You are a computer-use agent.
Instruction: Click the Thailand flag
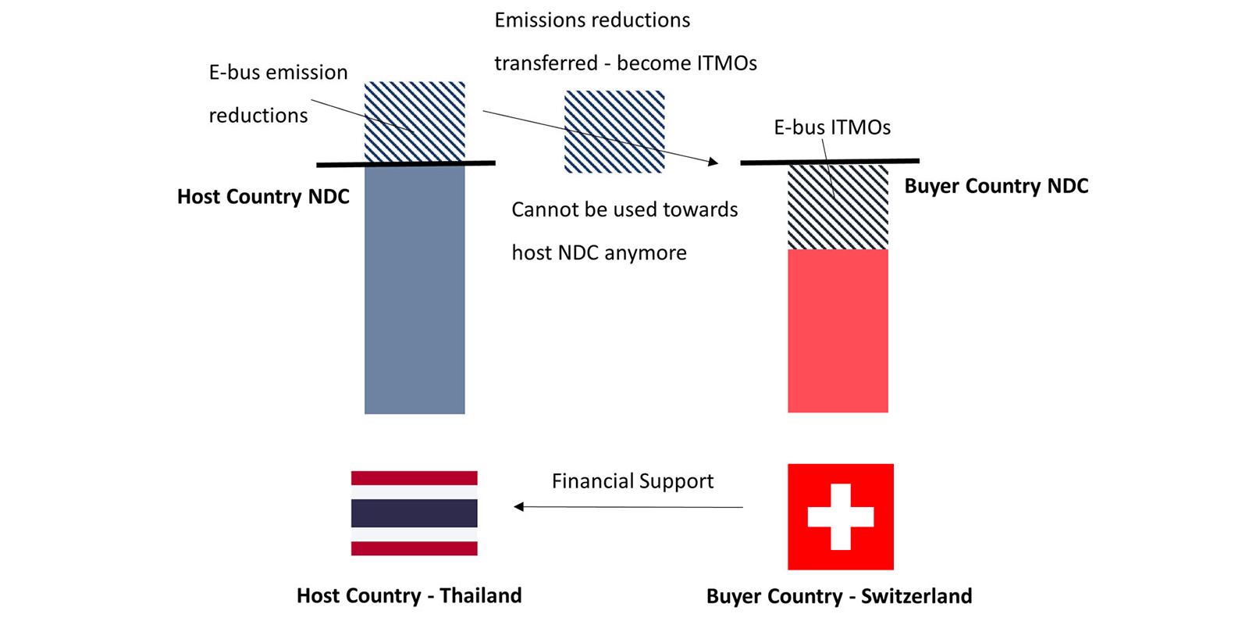[x=415, y=512]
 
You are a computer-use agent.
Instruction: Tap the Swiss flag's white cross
[x=840, y=516]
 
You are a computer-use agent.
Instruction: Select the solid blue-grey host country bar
[x=415, y=290]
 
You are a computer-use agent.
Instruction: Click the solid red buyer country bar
[x=838, y=331]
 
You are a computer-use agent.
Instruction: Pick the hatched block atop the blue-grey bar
[x=415, y=122]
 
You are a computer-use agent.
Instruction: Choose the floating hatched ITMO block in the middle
[x=614, y=132]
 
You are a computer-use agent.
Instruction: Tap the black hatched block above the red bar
[x=838, y=207]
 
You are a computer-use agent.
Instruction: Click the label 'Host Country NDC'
[x=263, y=196]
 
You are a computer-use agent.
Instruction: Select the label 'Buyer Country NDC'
[x=996, y=186]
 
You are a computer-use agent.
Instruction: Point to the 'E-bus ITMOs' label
[x=832, y=127]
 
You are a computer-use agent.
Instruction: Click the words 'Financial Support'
[x=632, y=481]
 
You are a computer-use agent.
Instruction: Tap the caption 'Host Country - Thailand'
[x=409, y=595]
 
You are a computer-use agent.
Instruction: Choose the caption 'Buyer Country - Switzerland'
[x=838, y=596]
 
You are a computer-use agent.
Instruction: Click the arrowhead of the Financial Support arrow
[x=518, y=507]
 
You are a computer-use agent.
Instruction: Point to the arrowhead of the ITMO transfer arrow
[x=713, y=162]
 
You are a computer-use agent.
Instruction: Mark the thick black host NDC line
[x=405, y=164]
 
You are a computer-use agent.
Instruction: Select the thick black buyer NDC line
[x=830, y=162]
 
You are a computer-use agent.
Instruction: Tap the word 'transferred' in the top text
[x=546, y=63]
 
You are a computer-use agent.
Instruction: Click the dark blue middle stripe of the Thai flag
[x=415, y=512]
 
